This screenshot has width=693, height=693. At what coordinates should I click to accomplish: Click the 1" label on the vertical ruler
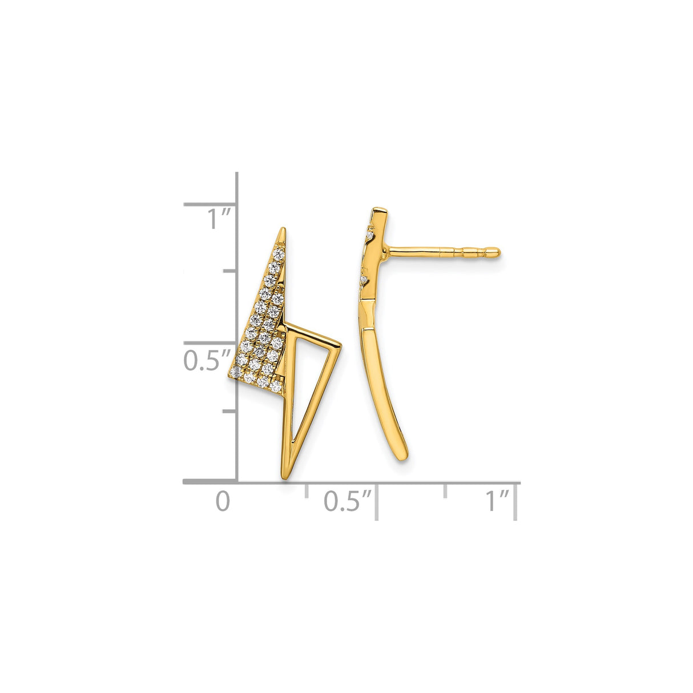click(219, 219)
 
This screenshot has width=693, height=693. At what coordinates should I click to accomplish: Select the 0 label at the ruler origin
click(223, 501)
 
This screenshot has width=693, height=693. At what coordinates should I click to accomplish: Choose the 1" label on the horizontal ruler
click(497, 501)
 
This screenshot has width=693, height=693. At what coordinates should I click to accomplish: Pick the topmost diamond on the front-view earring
click(279, 253)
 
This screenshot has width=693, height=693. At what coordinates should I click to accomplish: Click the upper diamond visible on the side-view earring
click(370, 235)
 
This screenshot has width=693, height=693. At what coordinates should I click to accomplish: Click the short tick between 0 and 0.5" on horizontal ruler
click(307, 490)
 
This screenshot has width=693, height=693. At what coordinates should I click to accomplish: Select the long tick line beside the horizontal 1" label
click(516, 501)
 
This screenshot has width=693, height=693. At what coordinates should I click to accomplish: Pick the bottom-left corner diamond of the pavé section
click(236, 372)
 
